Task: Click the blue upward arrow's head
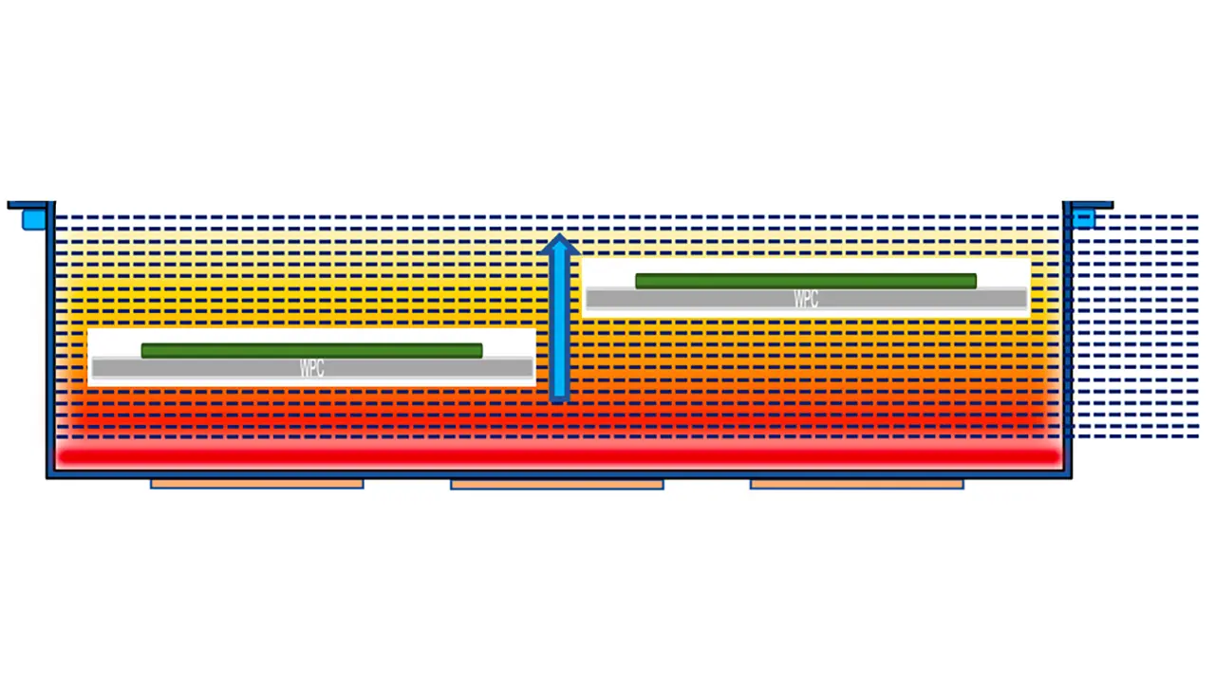pyautogui.click(x=559, y=245)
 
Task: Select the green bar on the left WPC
pyautogui.click(x=311, y=351)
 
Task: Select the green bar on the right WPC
pyautogui.click(x=805, y=281)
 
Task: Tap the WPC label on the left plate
pyautogui.click(x=311, y=369)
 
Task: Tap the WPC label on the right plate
pyautogui.click(x=805, y=300)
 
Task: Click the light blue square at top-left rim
pyautogui.click(x=34, y=220)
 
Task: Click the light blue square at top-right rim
pyautogui.click(x=1083, y=219)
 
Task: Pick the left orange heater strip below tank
pyautogui.click(x=256, y=484)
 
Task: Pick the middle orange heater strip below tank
pyautogui.click(x=556, y=484)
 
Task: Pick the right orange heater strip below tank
pyautogui.click(x=856, y=484)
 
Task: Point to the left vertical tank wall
pyautogui.click(x=50, y=341)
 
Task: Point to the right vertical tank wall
pyautogui.click(x=1068, y=341)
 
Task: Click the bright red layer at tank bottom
pyautogui.click(x=558, y=457)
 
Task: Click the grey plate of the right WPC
pyautogui.click(x=683, y=300)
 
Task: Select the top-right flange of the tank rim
pyautogui.click(x=1089, y=204)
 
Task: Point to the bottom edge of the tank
pyautogui.click(x=558, y=475)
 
